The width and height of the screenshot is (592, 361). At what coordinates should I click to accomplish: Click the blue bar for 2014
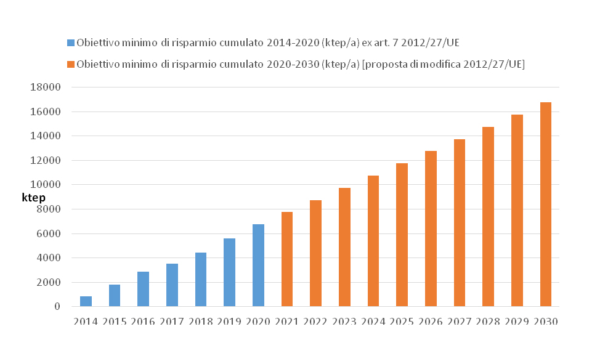pos(86,301)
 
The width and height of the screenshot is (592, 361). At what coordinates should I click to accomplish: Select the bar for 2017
pos(172,285)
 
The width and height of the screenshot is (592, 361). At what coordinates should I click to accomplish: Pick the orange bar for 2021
pos(287,259)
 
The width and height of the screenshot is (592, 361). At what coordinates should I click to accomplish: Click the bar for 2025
pos(402,235)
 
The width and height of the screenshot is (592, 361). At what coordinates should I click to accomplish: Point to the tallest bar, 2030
pos(546,205)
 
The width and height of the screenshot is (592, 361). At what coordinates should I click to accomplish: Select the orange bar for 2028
pos(488,216)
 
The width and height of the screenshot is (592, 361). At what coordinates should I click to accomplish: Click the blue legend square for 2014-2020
pos(70,43)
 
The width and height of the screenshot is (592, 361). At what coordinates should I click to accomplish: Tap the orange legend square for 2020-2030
pos(70,64)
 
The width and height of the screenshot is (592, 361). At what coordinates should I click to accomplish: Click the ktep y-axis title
pos(33,198)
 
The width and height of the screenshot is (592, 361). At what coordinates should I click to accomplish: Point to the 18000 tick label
pos(45,87)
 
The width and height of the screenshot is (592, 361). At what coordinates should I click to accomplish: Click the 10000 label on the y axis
pos(45,185)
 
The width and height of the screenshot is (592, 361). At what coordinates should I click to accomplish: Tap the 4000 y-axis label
pos(48,258)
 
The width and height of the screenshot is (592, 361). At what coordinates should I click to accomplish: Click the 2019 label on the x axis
pos(229,322)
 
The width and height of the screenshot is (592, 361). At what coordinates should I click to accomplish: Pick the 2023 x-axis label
pos(344,322)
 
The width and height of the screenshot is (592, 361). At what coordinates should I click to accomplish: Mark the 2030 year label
pos(546,322)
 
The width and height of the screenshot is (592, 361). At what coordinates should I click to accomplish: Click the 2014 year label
pos(86,322)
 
